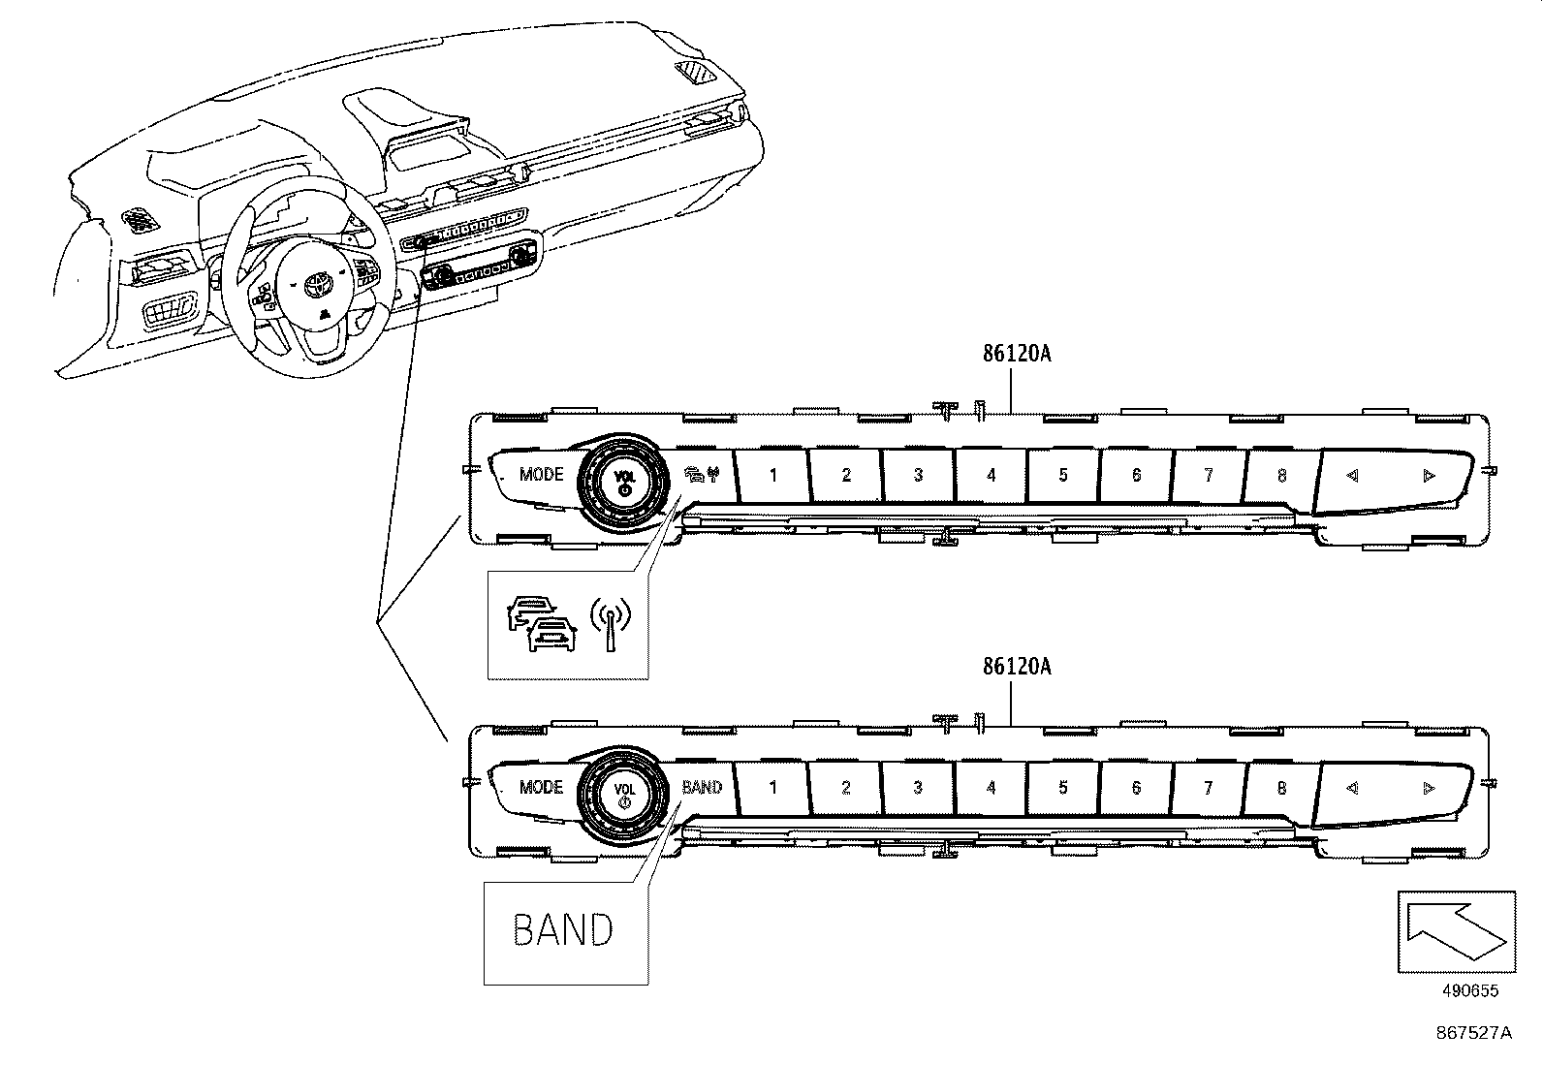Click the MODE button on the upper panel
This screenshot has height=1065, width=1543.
(540, 475)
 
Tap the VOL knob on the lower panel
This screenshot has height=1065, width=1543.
(624, 793)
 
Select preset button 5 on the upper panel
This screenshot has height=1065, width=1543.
(1063, 475)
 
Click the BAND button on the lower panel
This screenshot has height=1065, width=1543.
(702, 787)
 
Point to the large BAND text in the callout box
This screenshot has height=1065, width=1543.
(563, 930)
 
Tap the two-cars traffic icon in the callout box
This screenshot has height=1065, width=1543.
(541, 625)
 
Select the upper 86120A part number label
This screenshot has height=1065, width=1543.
(1016, 354)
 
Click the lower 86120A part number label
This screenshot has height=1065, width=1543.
(1016, 667)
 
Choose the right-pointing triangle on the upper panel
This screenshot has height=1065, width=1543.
(1428, 475)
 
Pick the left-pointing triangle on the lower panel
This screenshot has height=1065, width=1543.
(1352, 788)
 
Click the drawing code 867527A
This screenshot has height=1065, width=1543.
(1473, 1033)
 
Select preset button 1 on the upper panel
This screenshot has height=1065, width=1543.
(772, 475)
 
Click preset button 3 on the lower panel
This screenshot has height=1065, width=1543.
(918, 788)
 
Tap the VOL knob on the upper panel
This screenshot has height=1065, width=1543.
(624, 480)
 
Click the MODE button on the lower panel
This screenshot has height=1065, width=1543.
(540, 787)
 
